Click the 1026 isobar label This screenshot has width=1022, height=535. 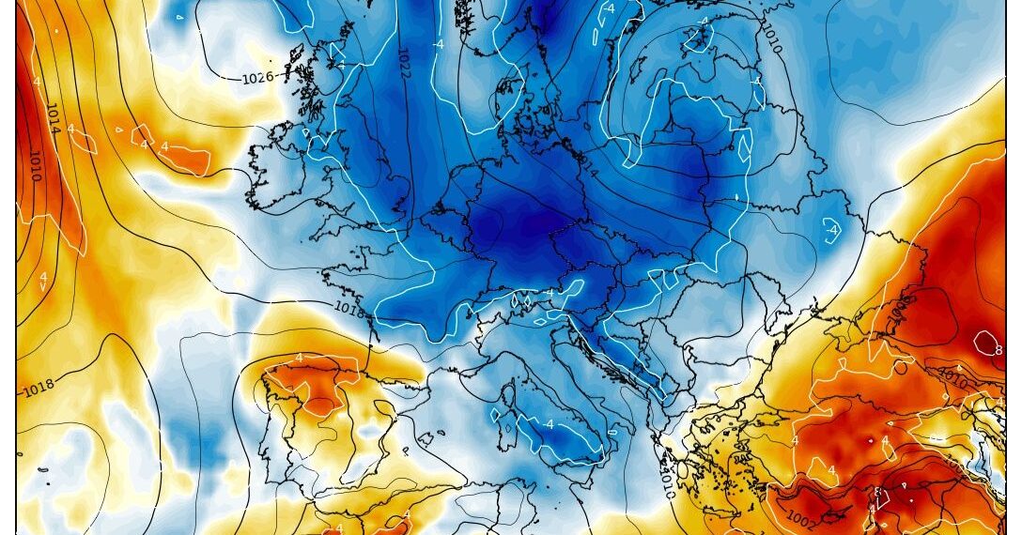(257, 77)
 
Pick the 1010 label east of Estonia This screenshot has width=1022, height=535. (771, 38)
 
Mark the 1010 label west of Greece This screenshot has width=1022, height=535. (666, 484)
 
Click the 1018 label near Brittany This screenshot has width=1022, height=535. (348, 307)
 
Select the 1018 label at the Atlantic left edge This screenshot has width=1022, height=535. (39, 387)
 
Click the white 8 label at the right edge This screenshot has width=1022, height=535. (999, 350)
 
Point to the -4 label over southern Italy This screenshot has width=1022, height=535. (549, 423)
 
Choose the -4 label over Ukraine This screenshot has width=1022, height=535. (831, 229)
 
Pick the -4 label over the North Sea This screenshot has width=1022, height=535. (438, 43)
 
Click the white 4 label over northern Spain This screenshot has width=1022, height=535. (299, 358)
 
